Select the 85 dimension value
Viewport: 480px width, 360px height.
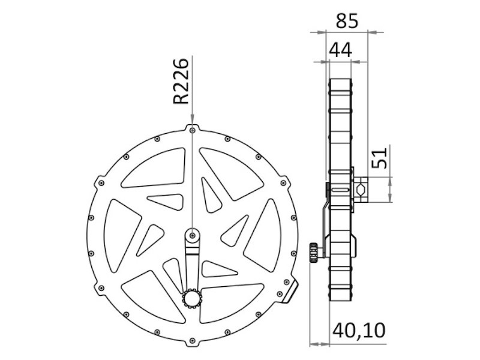click(x=346, y=20)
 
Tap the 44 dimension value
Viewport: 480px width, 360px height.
click(x=339, y=50)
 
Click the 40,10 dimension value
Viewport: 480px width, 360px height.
click(x=359, y=329)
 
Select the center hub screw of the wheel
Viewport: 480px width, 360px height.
click(x=191, y=235)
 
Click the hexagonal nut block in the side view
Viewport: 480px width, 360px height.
click(x=362, y=189)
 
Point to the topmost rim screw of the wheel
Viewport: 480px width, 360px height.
click(x=191, y=129)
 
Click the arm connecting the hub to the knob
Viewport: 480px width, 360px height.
click(x=191, y=267)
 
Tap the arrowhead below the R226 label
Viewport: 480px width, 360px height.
click(x=191, y=120)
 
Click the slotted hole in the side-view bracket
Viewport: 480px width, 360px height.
click(x=340, y=190)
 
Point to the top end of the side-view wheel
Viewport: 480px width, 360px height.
click(x=340, y=81)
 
